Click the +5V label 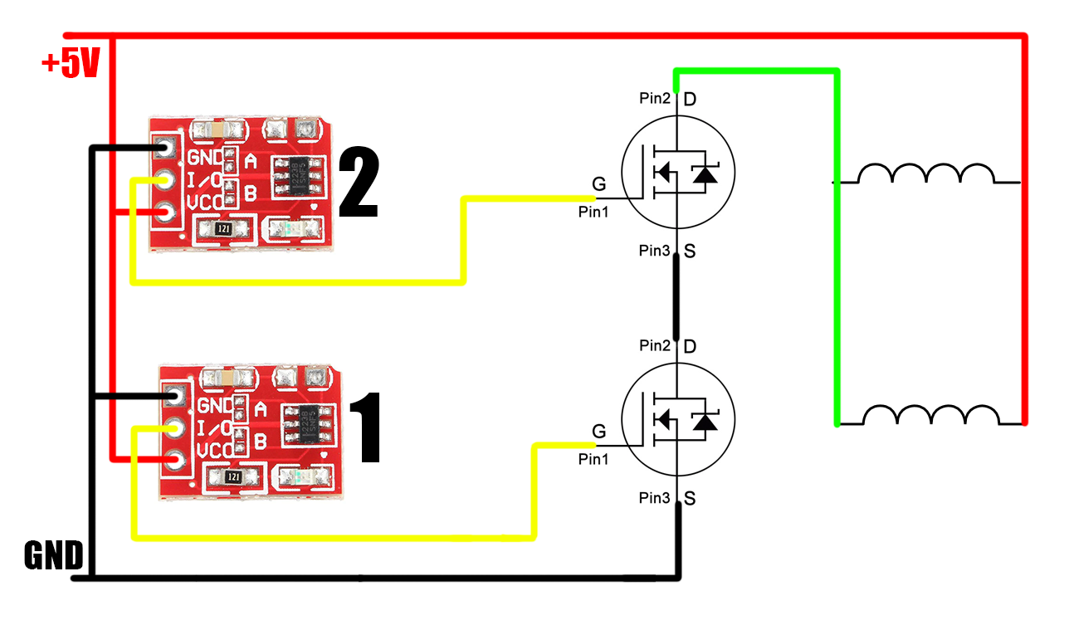71,63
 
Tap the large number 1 364,428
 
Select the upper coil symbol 925,173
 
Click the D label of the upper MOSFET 689,100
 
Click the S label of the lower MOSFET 690,499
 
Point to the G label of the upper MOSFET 598,183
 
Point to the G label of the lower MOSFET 598,431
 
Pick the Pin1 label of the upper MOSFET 593,212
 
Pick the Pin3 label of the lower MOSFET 654,498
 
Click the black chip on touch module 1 306,423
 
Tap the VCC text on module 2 205,203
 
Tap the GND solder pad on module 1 175,396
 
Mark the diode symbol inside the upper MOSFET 705,173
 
